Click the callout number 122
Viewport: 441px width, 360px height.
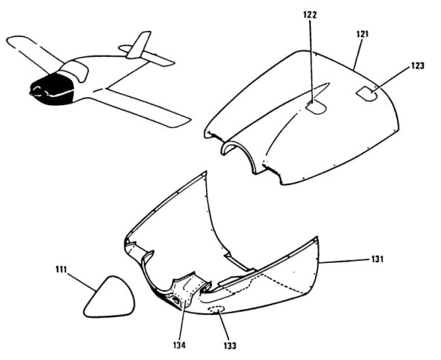[x=310, y=15]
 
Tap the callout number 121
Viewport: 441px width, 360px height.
[x=362, y=34]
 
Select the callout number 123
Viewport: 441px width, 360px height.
[x=417, y=66]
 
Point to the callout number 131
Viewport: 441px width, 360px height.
[x=377, y=259]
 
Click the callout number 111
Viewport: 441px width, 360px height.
[x=61, y=270]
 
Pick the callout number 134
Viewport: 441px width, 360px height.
[x=179, y=344]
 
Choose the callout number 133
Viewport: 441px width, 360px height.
[x=230, y=345]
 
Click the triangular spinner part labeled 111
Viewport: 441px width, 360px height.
[x=109, y=297]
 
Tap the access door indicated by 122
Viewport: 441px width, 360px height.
[x=316, y=107]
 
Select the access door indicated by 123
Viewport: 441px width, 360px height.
[x=367, y=93]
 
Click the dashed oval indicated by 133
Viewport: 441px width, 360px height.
[x=216, y=309]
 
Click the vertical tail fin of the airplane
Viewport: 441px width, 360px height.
[x=139, y=45]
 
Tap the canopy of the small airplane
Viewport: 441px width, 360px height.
[x=73, y=70]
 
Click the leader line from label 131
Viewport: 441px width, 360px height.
[x=343, y=261]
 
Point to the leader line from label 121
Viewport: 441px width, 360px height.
[x=358, y=54]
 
